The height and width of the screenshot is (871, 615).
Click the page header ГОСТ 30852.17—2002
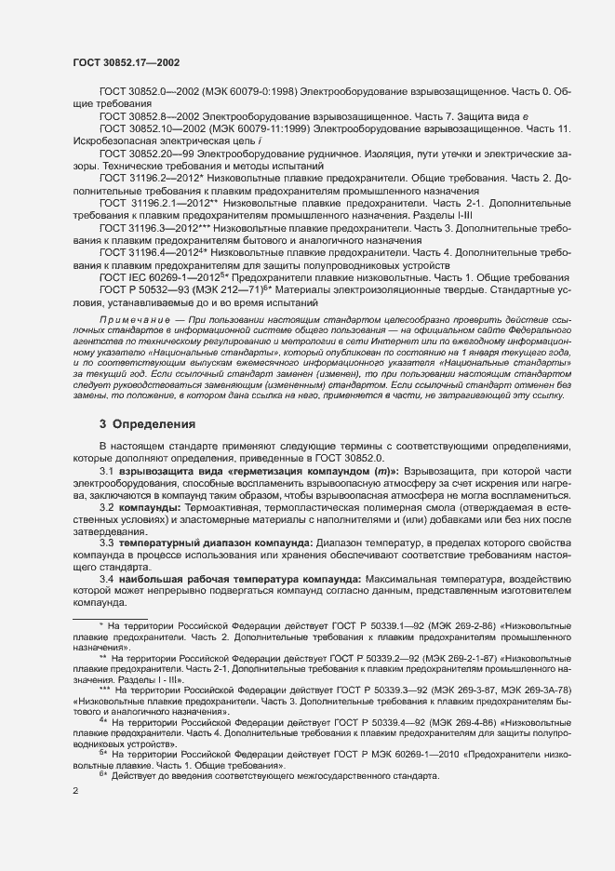126,62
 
